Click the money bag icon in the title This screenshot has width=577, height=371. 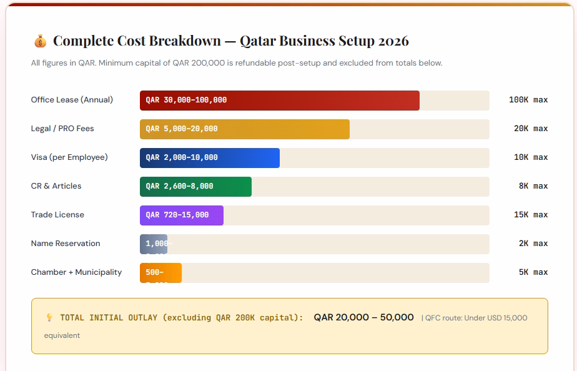(x=39, y=41)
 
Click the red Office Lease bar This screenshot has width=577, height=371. (x=279, y=100)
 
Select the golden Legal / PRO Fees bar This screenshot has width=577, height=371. (x=244, y=129)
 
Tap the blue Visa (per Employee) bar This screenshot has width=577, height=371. (x=209, y=157)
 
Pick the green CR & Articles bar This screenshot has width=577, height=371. (x=195, y=186)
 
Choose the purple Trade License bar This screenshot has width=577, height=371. (x=181, y=215)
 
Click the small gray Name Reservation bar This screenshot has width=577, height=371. (x=153, y=244)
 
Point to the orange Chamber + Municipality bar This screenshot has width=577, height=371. (x=160, y=272)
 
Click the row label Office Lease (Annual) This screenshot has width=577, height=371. (x=72, y=100)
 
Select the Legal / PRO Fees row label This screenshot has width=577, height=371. (x=62, y=129)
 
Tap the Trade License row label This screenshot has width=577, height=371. (x=57, y=215)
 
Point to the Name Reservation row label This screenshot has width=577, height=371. (x=66, y=244)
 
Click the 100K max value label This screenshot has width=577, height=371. (x=528, y=100)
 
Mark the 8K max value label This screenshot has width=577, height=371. (x=533, y=186)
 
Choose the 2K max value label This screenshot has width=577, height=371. (x=533, y=244)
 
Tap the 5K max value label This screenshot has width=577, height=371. (x=533, y=272)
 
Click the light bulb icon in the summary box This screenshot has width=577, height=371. (x=49, y=318)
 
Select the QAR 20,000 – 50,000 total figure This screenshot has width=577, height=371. (x=363, y=317)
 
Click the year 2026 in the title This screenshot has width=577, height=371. (x=393, y=41)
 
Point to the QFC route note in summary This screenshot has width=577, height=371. (x=476, y=318)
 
